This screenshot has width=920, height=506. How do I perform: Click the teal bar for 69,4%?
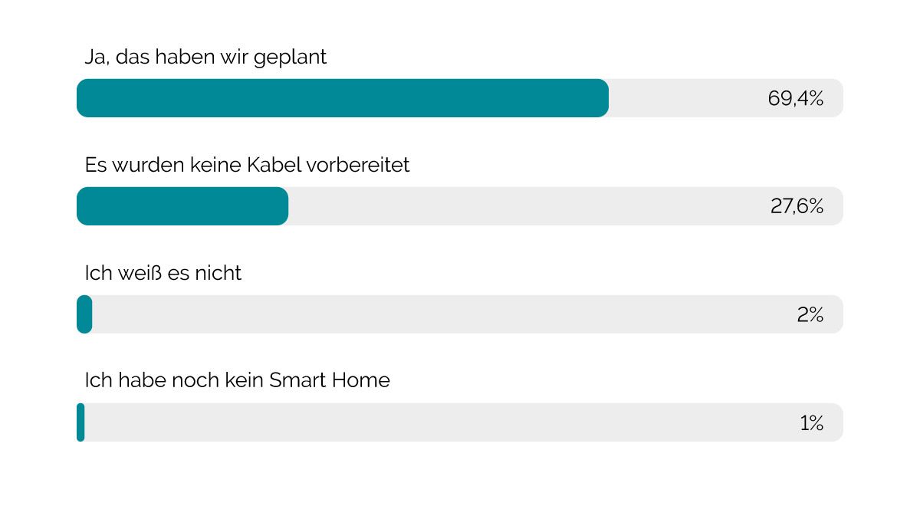[x=343, y=98]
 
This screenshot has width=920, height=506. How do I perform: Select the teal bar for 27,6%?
[x=182, y=206]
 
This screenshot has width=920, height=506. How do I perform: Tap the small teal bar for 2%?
[x=84, y=314]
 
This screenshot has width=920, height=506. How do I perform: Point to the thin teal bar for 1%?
[x=80, y=422]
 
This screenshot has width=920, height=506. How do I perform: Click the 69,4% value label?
[x=795, y=98]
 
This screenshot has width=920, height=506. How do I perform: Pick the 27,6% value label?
[x=797, y=206]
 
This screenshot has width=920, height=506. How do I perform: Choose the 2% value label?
[x=810, y=314]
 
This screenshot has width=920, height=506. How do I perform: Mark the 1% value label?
[x=811, y=422]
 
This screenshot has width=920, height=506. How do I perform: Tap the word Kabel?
[x=276, y=165]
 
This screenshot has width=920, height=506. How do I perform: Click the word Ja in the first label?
[x=94, y=58]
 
